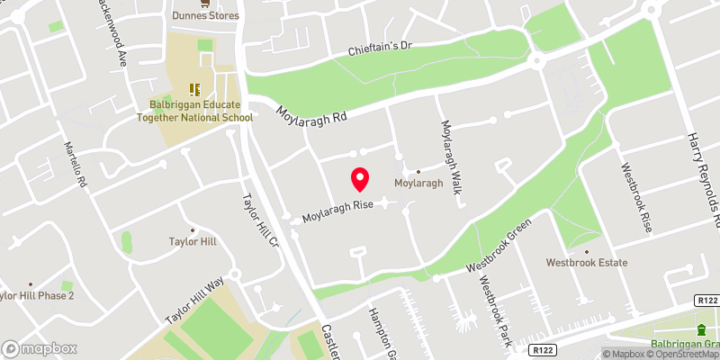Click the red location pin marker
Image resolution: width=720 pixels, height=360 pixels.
tap(360, 180)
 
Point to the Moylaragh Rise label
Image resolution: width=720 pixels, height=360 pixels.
tap(337, 211)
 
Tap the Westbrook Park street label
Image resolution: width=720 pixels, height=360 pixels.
tap(495, 310)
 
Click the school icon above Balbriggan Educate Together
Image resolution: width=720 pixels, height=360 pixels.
tap(193, 89)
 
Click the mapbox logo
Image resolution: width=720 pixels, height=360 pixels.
tap(40, 347)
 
